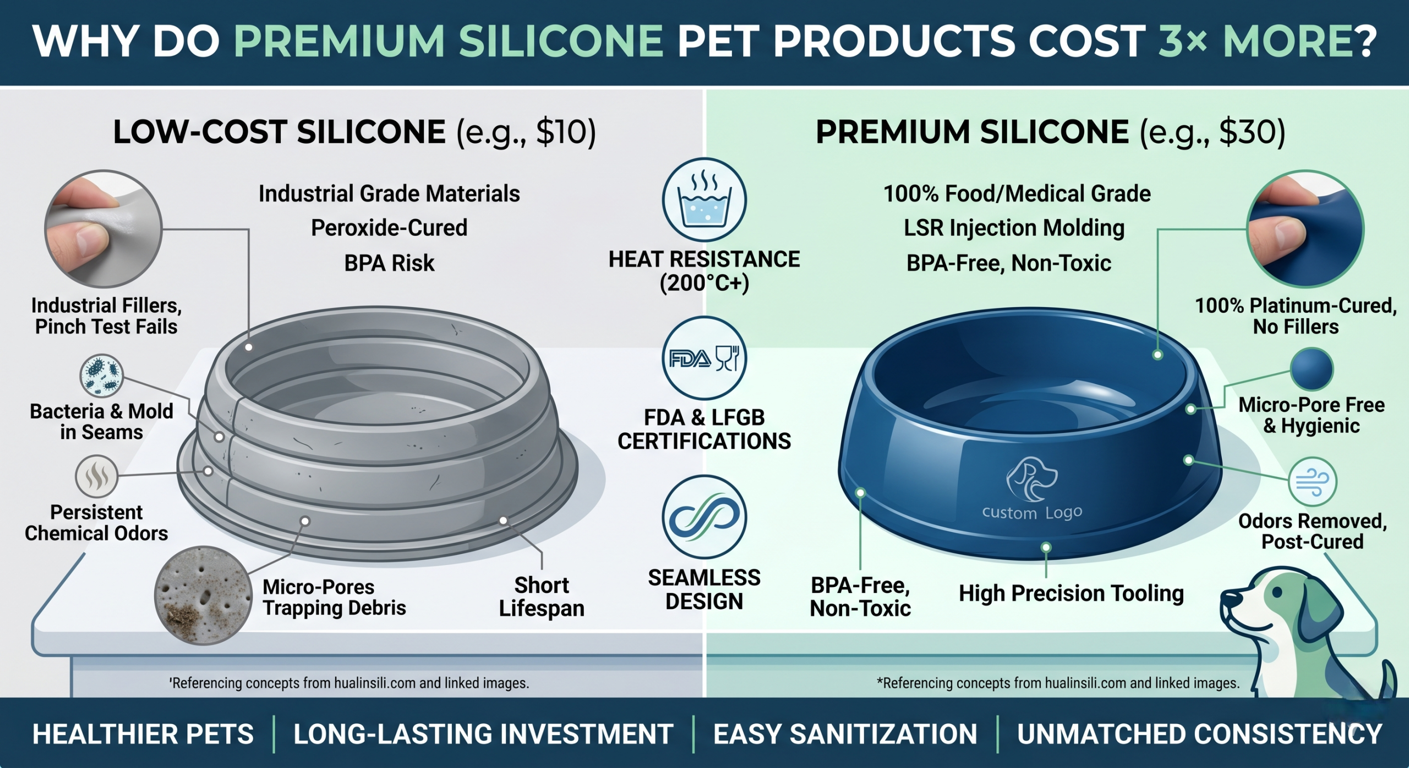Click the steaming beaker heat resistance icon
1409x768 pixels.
pyautogui.click(x=704, y=200)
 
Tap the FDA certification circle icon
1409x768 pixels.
pyautogui.click(x=704, y=358)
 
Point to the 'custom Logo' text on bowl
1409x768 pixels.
pyautogui.click(x=1032, y=512)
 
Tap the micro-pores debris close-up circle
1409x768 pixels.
pyautogui.click(x=203, y=595)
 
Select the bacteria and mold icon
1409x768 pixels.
pyautogui.click(x=101, y=376)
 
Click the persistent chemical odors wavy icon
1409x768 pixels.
pyautogui.click(x=97, y=476)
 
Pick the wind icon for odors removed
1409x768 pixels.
pyautogui.click(x=1313, y=481)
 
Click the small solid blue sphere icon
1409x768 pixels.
pyautogui.click(x=1312, y=369)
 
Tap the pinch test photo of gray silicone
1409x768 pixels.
pyautogui.click(x=103, y=229)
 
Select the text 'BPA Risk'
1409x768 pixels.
pyautogui.click(x=389, y=263)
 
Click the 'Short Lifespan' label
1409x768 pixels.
pyautogui.click(x=542, y=597)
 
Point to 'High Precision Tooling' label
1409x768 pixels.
pyautogui.click(x=1071, y=594)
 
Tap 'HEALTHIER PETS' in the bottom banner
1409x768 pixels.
pyautogui.click(x=143, y=734)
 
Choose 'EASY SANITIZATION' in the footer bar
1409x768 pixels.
pyautogui.click(x=845, y=734)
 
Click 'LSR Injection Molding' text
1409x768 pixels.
pyautogui.click(x=1014, y=228)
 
